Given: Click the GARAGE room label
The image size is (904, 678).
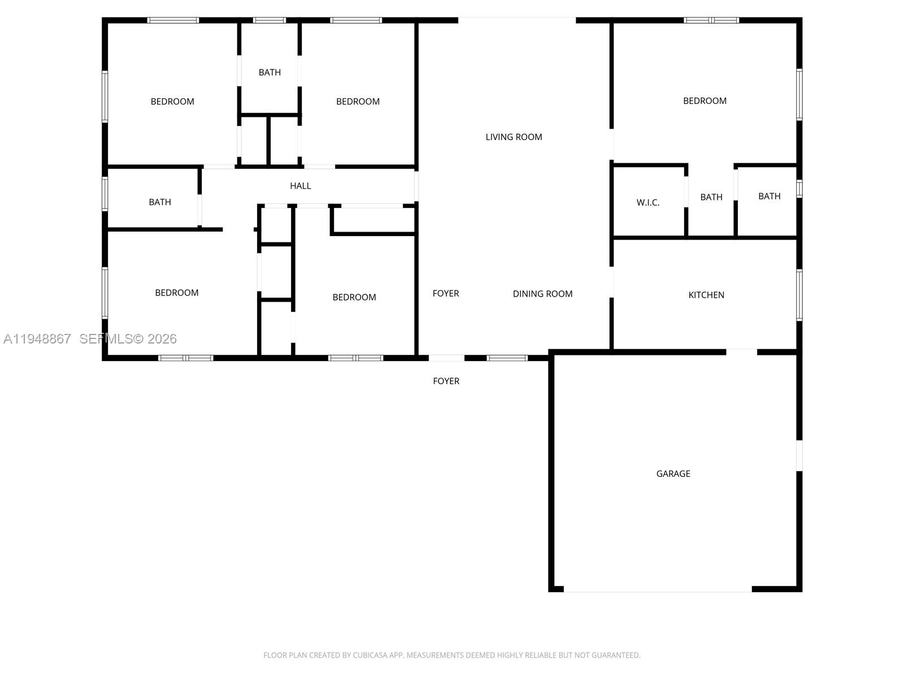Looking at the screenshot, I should (x=673, y=473).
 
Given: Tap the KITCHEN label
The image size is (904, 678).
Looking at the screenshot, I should (x=706, y=295).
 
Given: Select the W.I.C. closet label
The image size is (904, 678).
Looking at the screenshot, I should (x=647, y=202).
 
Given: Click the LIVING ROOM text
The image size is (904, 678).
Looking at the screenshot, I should (x=514, y=137).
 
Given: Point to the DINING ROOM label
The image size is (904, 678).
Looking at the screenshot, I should (x=542, y=294).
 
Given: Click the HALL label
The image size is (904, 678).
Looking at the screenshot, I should (x=300, y=185).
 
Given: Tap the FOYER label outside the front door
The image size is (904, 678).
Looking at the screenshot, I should (x=446, y=381).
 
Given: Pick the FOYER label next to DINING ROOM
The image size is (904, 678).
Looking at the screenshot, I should (x=445, y=293).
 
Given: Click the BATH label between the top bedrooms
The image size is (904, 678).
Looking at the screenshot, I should (x=270, y=72).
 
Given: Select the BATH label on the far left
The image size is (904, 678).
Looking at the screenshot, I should (x=160, y=202).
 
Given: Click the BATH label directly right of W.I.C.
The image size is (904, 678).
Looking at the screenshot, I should (x=711, y=197).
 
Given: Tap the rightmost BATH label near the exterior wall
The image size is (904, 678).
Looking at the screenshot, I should (x=769, y=196).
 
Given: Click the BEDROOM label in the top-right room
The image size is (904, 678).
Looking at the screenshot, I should (x=705, y=101).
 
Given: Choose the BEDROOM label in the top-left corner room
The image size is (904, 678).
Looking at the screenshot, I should (x=172, y=102).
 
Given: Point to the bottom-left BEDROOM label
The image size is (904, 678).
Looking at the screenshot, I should (x=176, y=293).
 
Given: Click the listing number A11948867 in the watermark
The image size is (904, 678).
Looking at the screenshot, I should (x=37, y=338).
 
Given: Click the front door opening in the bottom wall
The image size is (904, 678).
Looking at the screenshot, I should (x=446, y=358).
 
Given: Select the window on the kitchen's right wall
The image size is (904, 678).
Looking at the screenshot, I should (x=799, y=295).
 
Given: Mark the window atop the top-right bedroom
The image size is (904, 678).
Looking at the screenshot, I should (x=711, y=20).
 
